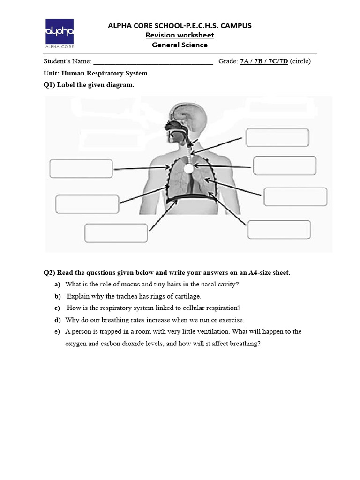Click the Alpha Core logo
tap(59, 33)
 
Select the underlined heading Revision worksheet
tap(180, 36)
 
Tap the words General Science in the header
tap(180, 45)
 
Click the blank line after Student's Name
tap(153, 62)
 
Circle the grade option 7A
tap(245, 61)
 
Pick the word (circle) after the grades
tap(300, 61)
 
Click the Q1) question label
tap(49, 85)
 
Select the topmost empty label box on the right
tap(277, 137)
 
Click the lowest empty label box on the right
tap(279, 230)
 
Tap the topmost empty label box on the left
tap(81, 169)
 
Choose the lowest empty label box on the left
tap(116, 233)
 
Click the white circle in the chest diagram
tap(188, 168)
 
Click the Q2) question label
tap(49, 272)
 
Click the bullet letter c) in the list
tap(57, 308)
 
